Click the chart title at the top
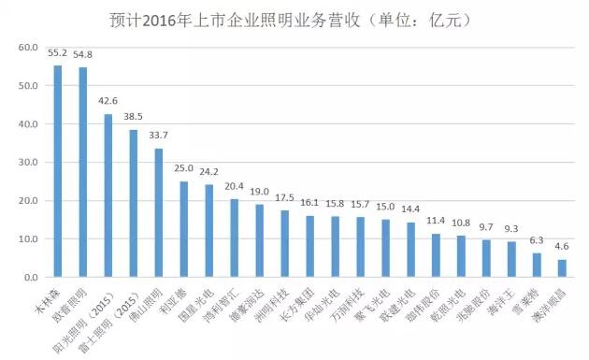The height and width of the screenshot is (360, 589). click(294, 18)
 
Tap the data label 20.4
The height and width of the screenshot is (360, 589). click(235, 186)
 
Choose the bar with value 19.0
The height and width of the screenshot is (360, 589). click(259, 241)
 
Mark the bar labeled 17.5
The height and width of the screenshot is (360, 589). click(284, 244)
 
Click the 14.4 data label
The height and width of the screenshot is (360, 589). click(410, 209)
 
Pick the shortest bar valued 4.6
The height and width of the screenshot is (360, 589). click(562, 268)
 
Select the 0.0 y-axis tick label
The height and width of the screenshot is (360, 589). click(31, 278)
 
